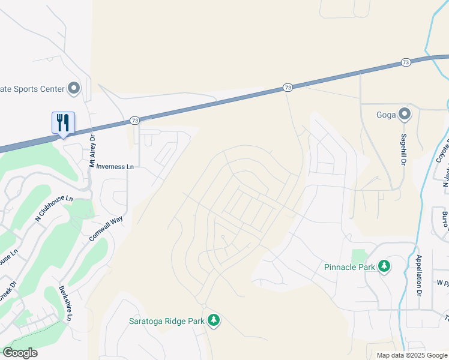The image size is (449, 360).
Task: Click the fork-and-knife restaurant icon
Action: coord(63,123)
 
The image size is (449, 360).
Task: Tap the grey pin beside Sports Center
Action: coord(74,89)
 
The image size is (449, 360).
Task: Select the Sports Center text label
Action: coord(32,89)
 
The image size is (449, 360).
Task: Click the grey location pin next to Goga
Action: coord(405,113)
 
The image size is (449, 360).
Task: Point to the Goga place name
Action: coord(387,114)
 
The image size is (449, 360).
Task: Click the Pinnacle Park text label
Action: coord(349,267)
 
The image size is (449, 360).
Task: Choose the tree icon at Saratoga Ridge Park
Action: coord(214,320)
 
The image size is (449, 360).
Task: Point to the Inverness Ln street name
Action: coord(115,167)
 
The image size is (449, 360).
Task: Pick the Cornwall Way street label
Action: coord(106,229)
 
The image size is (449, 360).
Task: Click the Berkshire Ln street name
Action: coord(66,304)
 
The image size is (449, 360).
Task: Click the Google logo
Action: coord(20,353)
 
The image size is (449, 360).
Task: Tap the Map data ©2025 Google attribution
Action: coord(411,355)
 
